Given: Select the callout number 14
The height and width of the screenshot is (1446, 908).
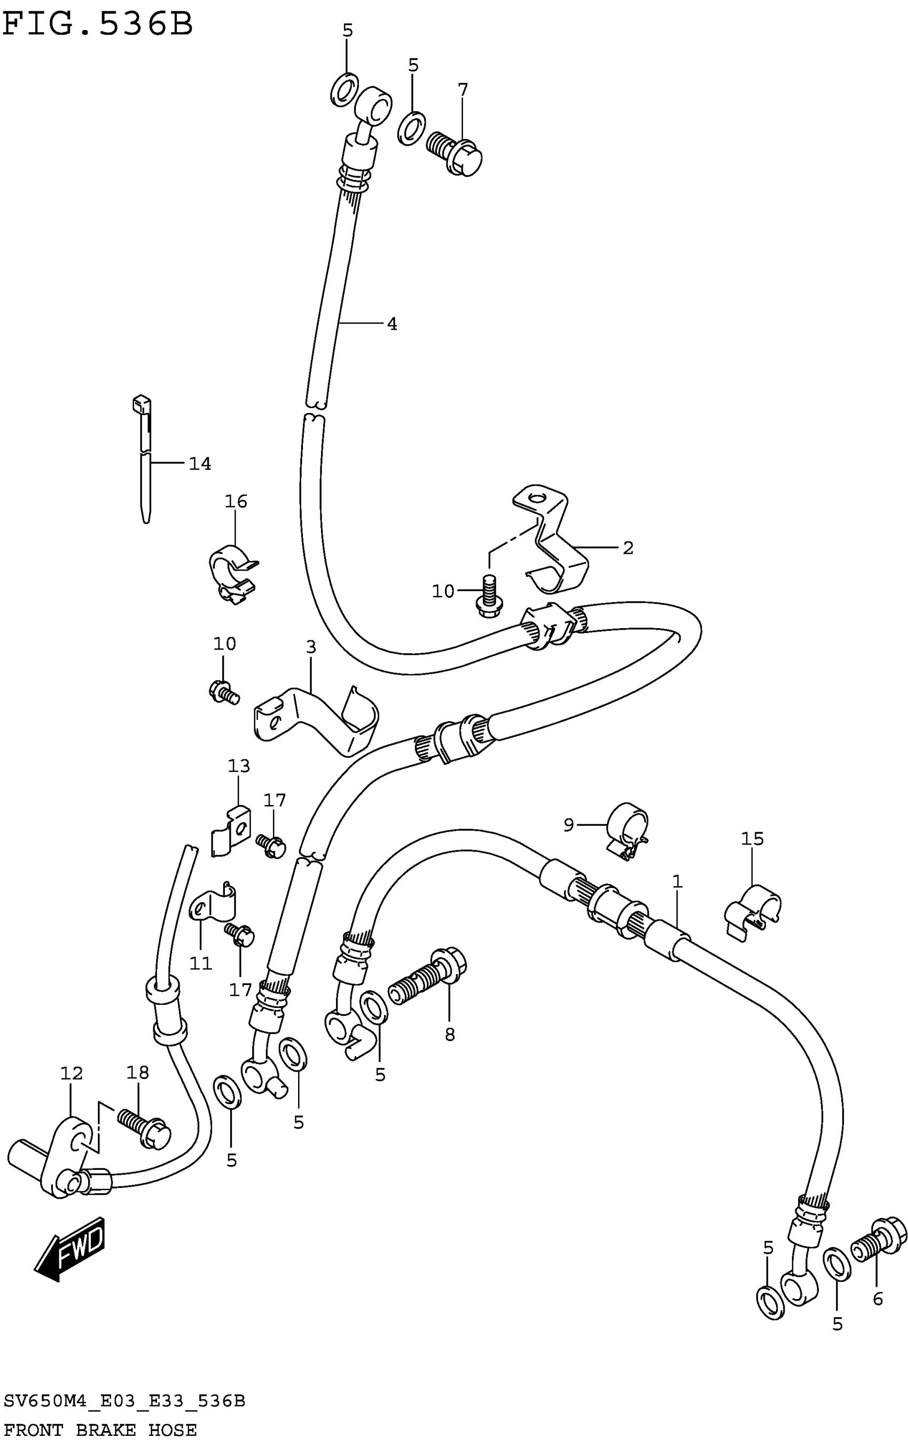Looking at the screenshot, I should (200, 464).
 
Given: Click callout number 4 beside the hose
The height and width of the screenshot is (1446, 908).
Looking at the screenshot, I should (392, 324).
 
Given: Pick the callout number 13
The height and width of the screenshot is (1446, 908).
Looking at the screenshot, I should (238, 766).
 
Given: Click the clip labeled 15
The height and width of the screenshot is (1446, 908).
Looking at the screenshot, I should (753, 913).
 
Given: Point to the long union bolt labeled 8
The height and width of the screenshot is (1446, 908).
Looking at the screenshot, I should (428, 977).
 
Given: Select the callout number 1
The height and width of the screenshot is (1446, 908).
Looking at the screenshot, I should (677, 881).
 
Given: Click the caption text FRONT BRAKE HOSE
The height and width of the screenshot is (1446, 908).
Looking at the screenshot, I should (100, 1430).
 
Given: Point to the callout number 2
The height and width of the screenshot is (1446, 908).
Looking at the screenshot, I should (628, 548).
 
